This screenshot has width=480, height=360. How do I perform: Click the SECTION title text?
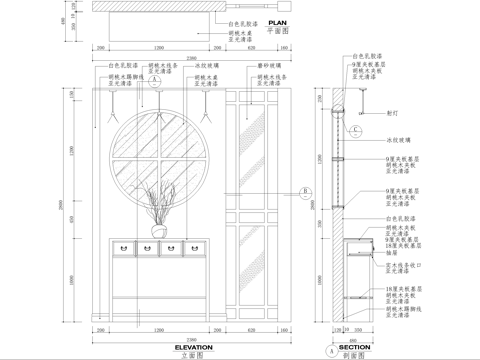pos(354,346)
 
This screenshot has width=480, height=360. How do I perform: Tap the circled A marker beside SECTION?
pos(331,352)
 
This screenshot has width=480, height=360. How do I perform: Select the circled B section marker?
pos(305,193)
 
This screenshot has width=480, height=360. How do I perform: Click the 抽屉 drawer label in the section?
pos(393,253)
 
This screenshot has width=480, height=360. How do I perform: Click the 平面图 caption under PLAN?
pos(278,31)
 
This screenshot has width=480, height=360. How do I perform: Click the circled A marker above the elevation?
pos(155,84)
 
